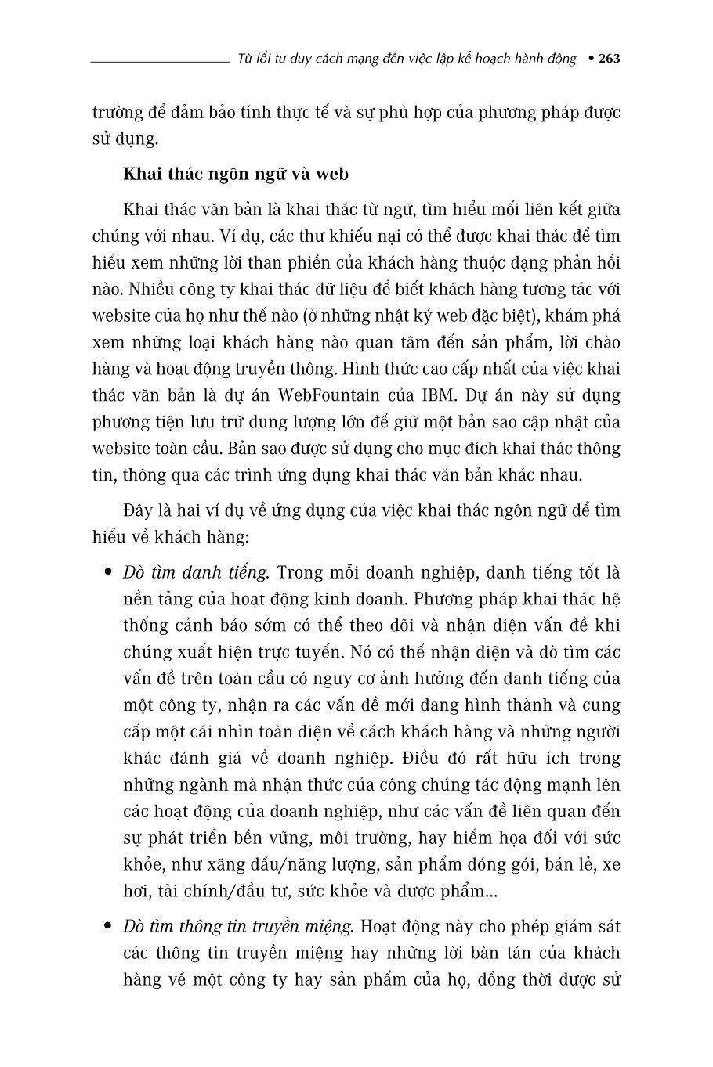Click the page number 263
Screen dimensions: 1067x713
(x=609, y=59)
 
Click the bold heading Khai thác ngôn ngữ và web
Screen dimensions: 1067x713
(x=235, y=174)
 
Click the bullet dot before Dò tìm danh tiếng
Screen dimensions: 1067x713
(x=109, y=572)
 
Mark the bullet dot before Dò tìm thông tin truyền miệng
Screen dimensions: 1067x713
(x=109, y=926)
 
